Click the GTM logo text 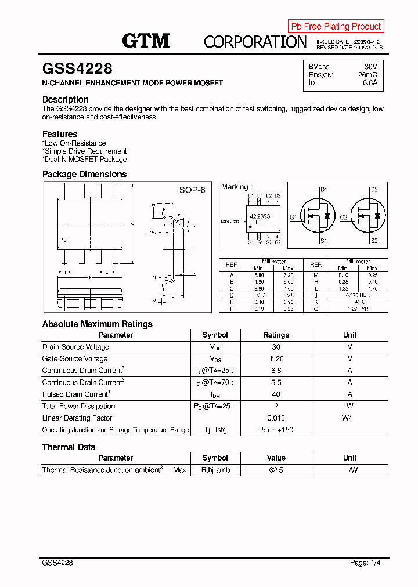point(146,41)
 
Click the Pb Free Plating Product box point(336,26)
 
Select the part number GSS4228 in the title point(77,69)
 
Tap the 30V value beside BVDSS point(370,67)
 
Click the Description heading point(65,99)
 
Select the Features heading point(60,134)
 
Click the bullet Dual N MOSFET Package point(85,159)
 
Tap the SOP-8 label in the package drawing point(192,190)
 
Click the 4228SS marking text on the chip point(260,216)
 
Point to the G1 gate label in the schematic point(294,218)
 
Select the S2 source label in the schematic point(374,241)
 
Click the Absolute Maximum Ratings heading point(98,324)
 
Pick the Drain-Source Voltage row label point(75,347)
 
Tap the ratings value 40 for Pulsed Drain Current point(276,394)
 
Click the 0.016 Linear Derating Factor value point(276,418)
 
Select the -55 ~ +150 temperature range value point(276,430)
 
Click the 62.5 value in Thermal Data point(276,470)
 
